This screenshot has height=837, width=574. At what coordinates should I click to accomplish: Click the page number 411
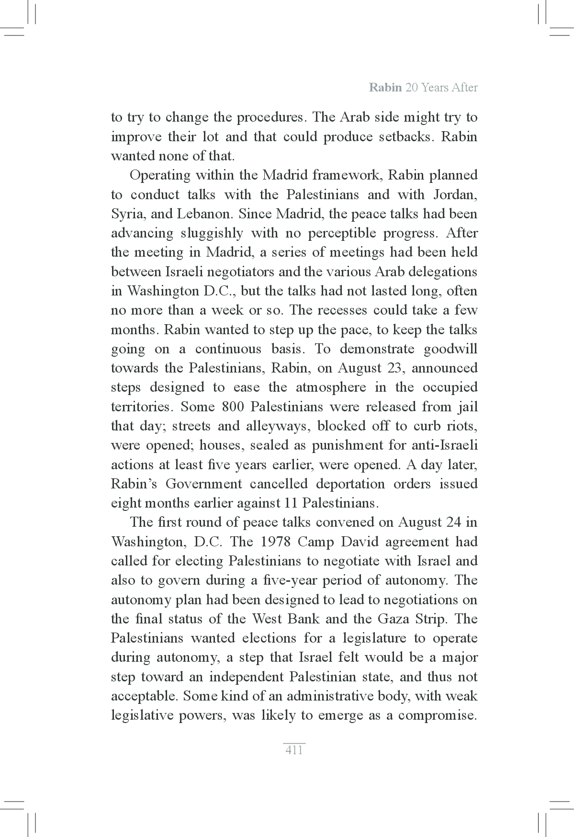coord(293,750)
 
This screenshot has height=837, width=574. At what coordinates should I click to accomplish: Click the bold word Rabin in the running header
coord(385,88)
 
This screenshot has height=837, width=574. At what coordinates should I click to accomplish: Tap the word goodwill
coord(450,349)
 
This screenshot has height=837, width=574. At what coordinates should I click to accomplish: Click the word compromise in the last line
coord(438,715)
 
